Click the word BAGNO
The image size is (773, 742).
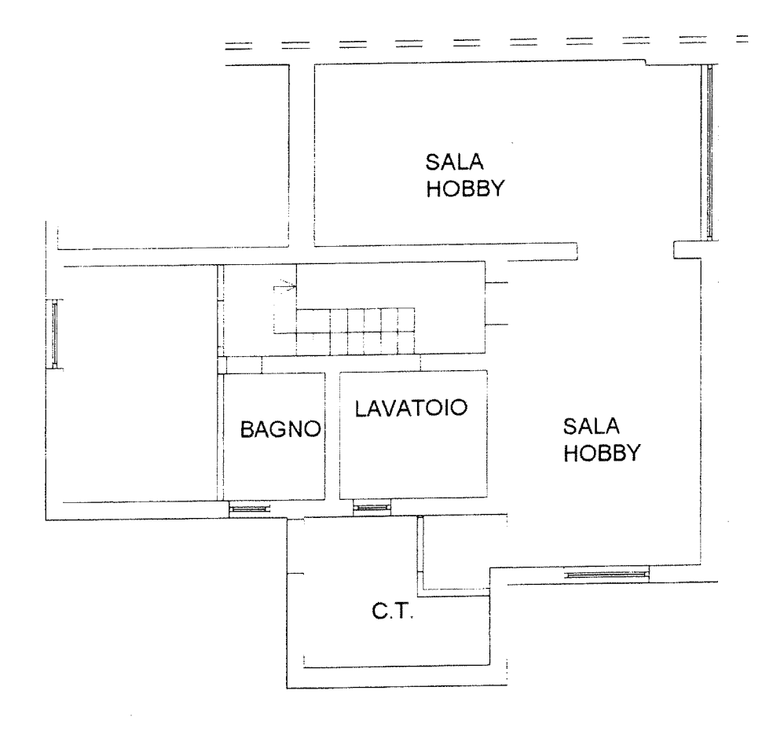coord(280,429)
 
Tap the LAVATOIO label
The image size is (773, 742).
coord(411,408)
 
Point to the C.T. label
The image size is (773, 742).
coord(393,612)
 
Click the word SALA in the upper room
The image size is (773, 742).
coord(455,162)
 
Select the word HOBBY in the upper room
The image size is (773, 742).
coord(466,189)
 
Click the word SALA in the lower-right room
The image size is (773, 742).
coord(591,426)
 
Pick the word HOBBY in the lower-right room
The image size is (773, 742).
coord(602,453)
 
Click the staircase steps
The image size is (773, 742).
coord(355,331)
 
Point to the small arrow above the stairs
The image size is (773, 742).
coord(285,286)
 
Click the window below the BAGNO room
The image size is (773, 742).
coord(250,509)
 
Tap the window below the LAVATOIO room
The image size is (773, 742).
coord(372,507)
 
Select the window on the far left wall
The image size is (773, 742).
coord(55,334)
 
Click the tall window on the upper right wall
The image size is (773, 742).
coord(709,152)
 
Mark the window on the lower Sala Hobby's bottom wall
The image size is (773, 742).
coord(606,575)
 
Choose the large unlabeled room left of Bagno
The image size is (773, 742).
coord(132,385)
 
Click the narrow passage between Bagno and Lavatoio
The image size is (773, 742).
coord(332,436)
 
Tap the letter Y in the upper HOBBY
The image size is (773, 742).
coord(497,189)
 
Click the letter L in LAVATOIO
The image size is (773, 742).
coord(361,408)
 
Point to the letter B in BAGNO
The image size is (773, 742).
coord(247,429)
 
